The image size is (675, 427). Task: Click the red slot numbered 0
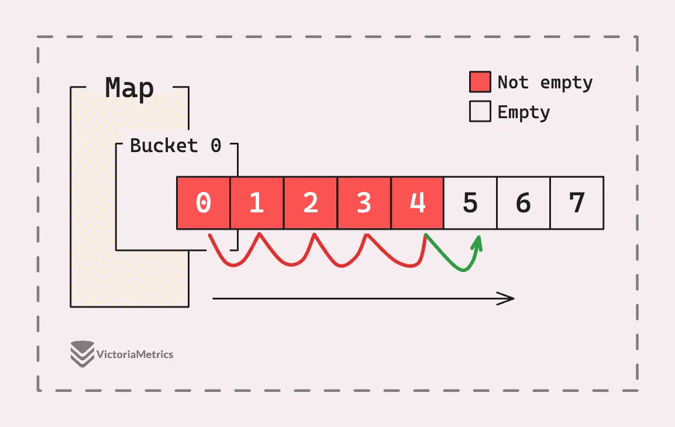204,203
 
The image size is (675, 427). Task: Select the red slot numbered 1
257,203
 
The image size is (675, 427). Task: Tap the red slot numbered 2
311,203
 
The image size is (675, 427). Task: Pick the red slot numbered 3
364,203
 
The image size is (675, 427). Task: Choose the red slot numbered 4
417,203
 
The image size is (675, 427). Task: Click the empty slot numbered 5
470,203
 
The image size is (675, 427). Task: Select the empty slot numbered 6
524,203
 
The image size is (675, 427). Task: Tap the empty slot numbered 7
577,203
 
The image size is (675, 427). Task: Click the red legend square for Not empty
480,82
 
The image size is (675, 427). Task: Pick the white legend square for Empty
480,112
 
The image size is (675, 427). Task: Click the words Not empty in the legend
545,82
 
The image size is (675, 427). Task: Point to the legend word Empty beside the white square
524,112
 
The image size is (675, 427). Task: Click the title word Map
129,88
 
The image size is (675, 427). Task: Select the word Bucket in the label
164,146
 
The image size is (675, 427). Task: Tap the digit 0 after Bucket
216,146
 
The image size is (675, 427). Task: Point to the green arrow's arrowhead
477,244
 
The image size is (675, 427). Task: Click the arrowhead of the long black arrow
507,298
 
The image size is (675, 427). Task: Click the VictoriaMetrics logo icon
82,354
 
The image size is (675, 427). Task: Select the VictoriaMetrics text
135,354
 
